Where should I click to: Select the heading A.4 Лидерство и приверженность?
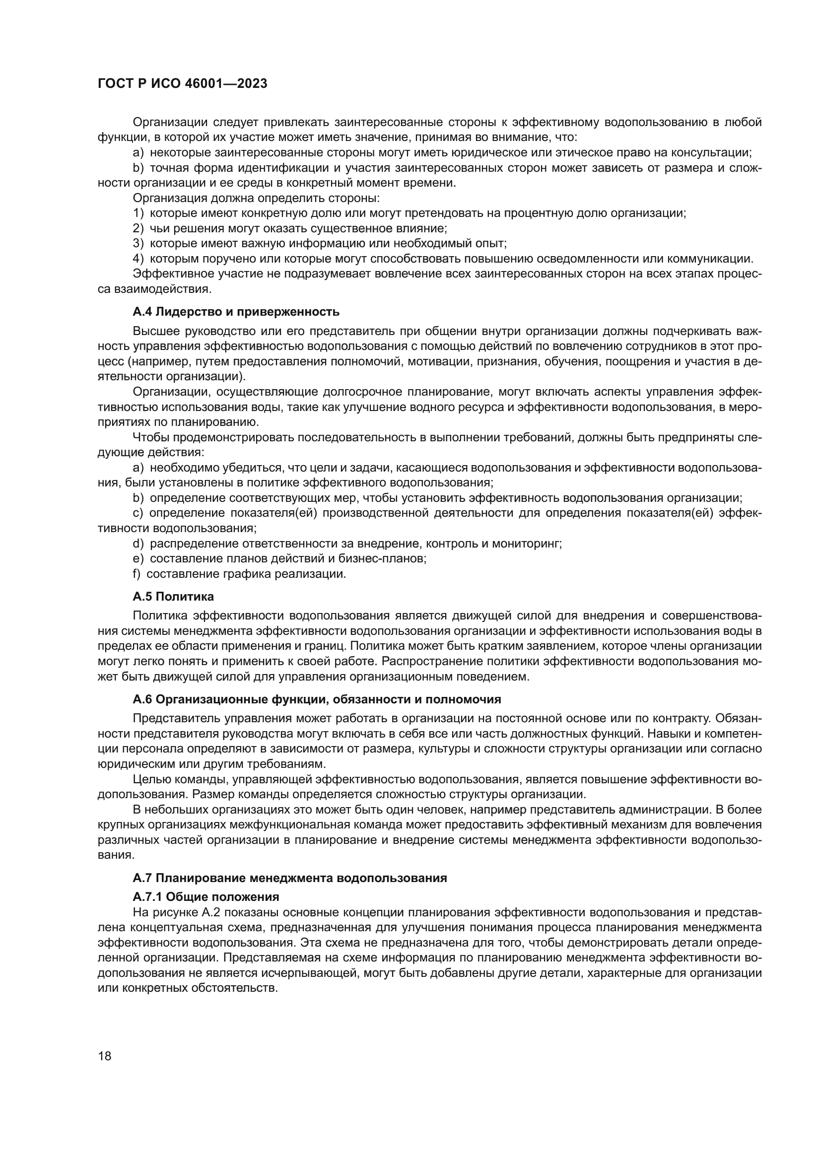[236, 312]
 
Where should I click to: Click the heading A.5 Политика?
[173, 597]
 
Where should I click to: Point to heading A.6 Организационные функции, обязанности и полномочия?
[317, 700]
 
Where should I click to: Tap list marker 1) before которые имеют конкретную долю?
[138, 213]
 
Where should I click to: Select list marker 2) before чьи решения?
[138, 228]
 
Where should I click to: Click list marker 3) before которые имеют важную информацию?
[138, 244]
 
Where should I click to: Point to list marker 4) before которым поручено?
[138, 259]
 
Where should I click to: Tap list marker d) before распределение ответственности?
[138, 544]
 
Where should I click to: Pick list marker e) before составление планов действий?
[138, 559]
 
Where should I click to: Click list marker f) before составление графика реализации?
[137, 574]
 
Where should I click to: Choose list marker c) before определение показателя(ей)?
[138, 514]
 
